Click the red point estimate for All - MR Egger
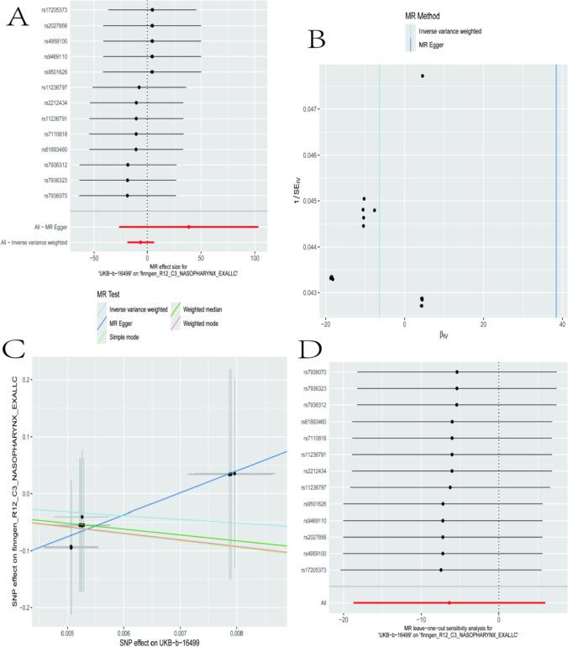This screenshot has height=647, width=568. pyautogui.click(x=189, y=227)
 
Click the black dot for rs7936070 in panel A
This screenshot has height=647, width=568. pyautogui.click(x=128, y=196)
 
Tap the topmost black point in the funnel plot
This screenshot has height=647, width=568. pyautogui.click(x=423, y=76)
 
